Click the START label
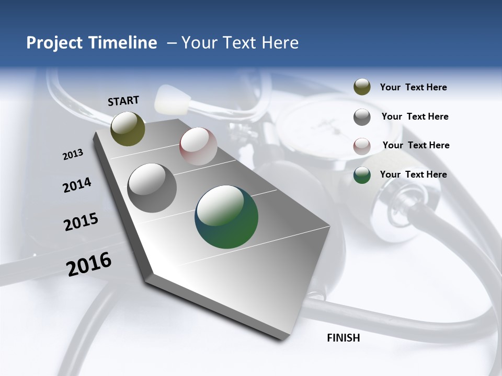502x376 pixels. [x=123, y=101]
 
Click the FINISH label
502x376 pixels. [x=343, y=338]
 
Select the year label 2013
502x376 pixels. [x=73, y=155]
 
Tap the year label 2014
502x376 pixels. [x=77, y=185]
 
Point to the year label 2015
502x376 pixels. [x=81, y=222]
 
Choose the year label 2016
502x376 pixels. [x=88, y=264]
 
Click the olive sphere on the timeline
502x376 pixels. [x=128, y=128]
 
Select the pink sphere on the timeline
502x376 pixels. [x=198, y=146]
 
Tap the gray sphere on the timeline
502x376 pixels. [x=152, y=188]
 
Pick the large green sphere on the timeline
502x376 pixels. [x=226, y=217]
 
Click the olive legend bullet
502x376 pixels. [x=362, y=87]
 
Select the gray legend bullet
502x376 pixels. [x=362, y=117]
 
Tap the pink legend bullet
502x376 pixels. [x=362, y=146]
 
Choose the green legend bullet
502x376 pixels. [x=362, y=175]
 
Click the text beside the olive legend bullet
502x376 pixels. [x=413, y=87]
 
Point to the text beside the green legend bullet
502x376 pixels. [x=413, y=174]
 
